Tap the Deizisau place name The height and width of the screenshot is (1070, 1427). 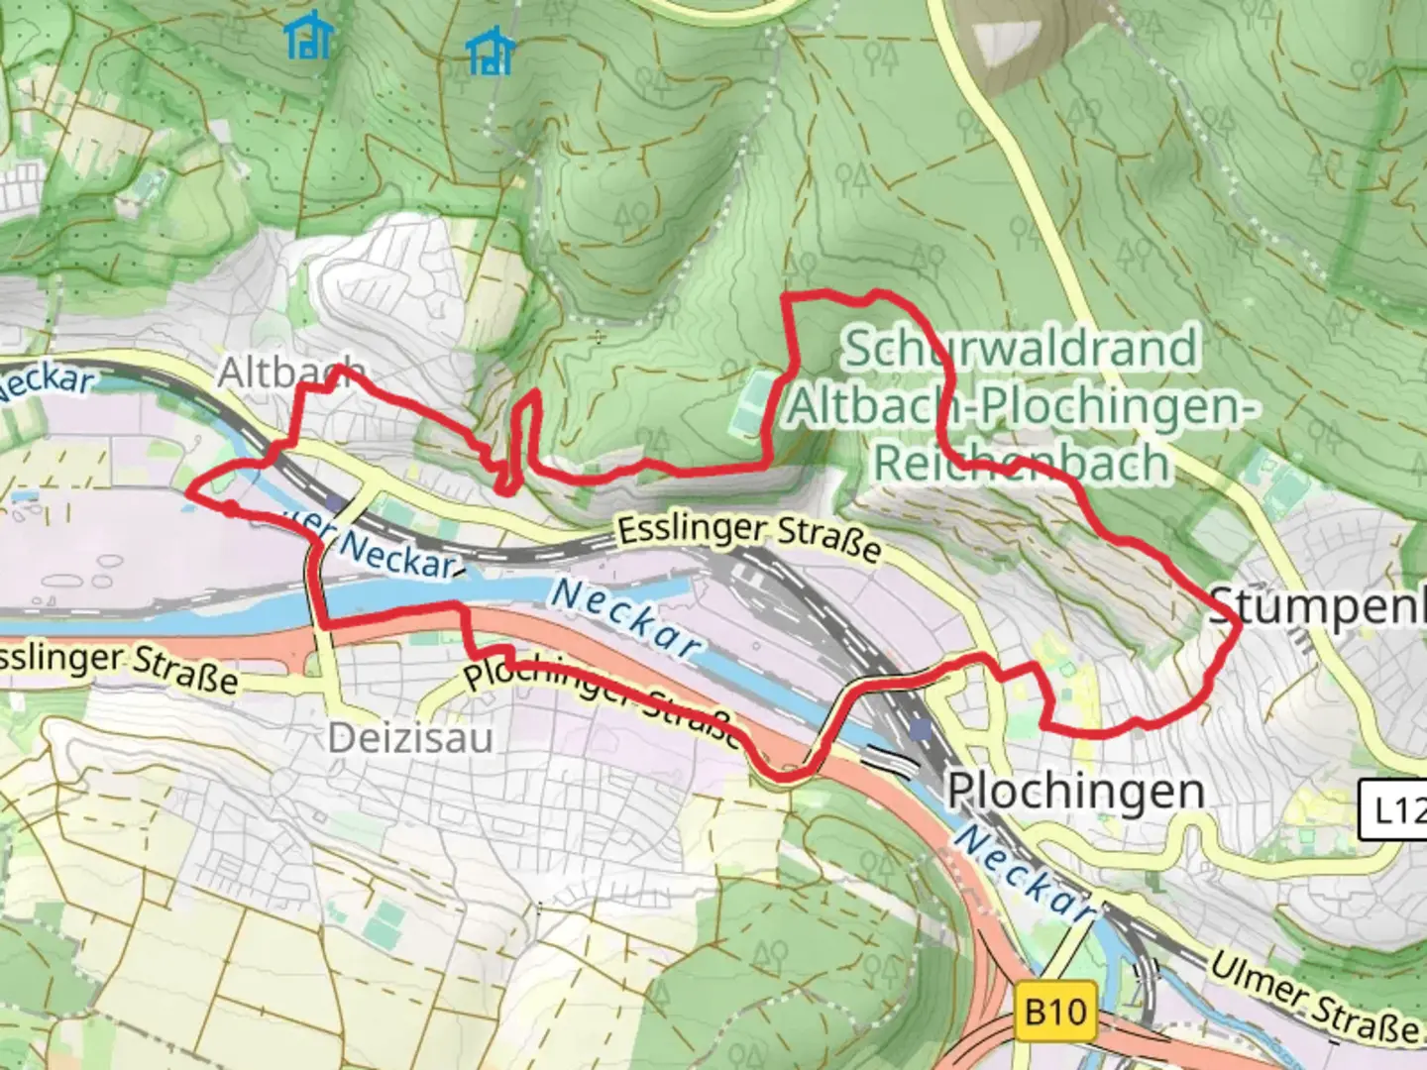pyautogui.click(x=410, y=738)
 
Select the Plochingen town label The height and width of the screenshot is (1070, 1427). pyautogui.click(x=1075, y=791)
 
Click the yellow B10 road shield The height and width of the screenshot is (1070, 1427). pyautogui.click(x=1055, y=1013)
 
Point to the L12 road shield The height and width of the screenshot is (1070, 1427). pyautogui.click(x=1397, y=811)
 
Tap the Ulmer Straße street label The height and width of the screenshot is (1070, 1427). pyautogui.click(x=1313, y=997)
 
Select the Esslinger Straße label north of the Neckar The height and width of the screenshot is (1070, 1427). pyautogui.click(x=749, y=537)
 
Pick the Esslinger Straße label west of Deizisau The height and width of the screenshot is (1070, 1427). pyautogui.click(x=119, y=667)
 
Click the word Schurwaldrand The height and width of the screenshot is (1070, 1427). pyautogui.click(x=1021, y=349)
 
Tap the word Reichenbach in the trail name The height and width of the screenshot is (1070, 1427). pyautogui.click(x=1021, y=464)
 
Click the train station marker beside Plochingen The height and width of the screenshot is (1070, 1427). pyautogui.click(x=923, y=731)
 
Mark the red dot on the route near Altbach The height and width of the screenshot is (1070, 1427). pyautogui.click(x=229, y=508)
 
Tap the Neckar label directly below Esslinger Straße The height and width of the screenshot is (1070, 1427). pyautogui.click(x=624, y=617)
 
